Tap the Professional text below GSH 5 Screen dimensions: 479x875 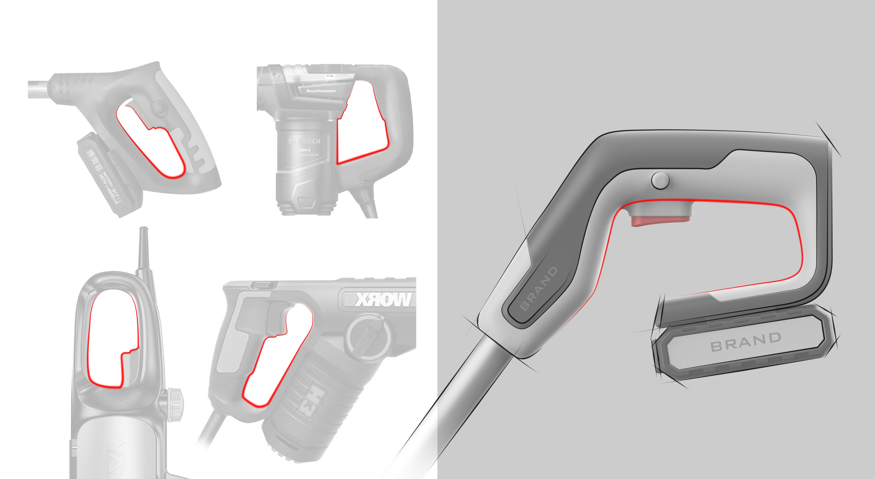tap(308, 155)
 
